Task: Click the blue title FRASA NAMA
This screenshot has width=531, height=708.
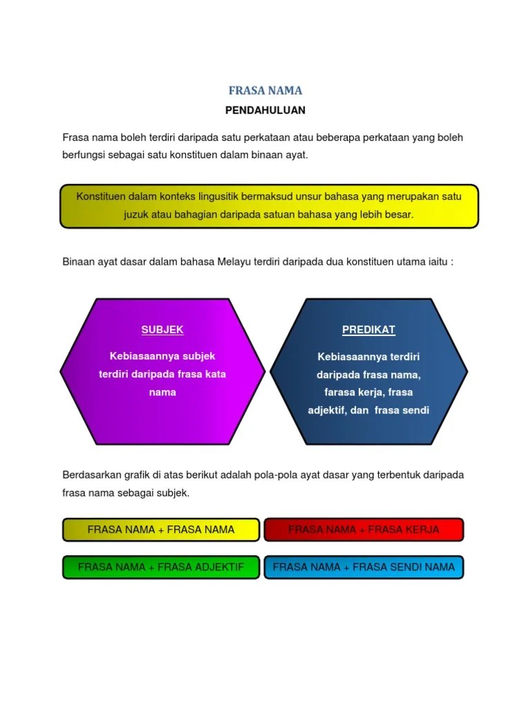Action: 265,91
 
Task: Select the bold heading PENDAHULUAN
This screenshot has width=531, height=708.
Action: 265,110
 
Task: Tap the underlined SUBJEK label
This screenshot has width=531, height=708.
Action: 162,330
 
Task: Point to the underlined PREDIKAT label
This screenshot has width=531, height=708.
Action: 369,330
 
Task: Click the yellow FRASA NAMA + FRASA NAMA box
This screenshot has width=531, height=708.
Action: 161,530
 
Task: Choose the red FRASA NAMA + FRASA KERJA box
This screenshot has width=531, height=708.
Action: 364,530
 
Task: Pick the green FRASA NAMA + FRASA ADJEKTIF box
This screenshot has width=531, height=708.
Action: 161,567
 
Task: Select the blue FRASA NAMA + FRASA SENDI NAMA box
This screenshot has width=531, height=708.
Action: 364,567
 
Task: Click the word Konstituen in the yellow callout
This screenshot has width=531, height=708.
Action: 101,196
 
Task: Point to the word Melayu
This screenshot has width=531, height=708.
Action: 236,262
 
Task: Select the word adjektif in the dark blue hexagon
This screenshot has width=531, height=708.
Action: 329,410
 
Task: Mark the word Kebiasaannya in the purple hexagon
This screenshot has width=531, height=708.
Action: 138,356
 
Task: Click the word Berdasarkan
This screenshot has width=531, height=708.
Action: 91,476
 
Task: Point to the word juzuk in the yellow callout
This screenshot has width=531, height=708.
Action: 137,214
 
